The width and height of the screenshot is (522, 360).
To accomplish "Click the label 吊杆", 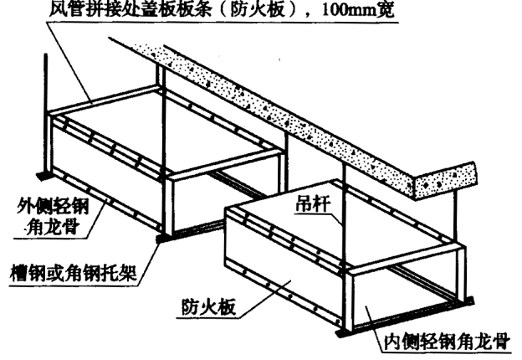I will (x=312, y=203).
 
